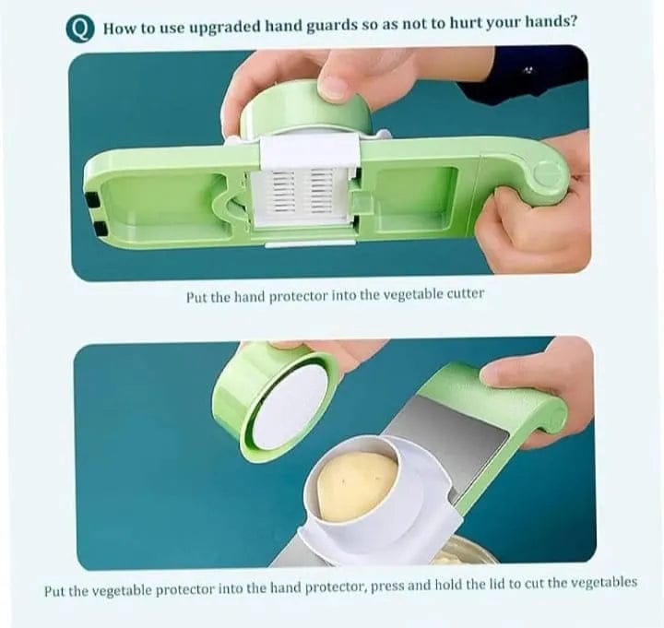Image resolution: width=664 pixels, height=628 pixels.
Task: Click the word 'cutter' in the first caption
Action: click(x=461, y=295)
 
